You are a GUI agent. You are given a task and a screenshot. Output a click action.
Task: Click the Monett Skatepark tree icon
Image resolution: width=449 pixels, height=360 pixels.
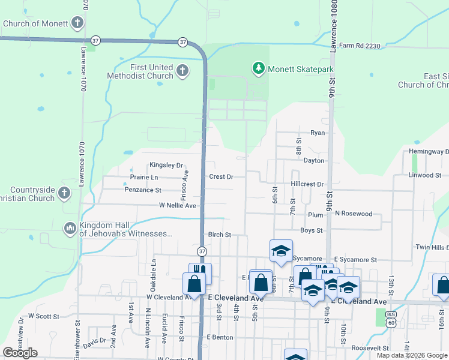[x=259, y=69]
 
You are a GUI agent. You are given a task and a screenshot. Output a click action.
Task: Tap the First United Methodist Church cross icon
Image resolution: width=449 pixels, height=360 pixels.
[x=183, y=71]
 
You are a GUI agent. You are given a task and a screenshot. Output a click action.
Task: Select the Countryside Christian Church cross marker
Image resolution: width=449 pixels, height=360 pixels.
[x=65, y=194]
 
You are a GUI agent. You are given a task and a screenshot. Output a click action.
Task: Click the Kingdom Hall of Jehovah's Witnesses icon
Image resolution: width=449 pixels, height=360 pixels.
[x=70, y=228]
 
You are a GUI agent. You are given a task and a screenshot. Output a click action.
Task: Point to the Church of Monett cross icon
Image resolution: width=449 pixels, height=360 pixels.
[x=77, y=23]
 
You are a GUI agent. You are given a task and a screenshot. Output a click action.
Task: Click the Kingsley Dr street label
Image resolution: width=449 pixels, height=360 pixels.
[x=166, y=165]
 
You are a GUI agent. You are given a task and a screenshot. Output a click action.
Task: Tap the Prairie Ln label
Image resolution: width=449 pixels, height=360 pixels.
[x=144, y=178]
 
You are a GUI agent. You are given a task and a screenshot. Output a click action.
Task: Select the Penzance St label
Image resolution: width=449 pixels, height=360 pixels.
[x=143, y=190]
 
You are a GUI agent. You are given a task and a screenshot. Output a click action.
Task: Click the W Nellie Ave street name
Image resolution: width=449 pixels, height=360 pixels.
[x=178, y=205]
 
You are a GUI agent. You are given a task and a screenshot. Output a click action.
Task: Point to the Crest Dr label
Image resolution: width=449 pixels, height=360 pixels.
[x=221, y=177]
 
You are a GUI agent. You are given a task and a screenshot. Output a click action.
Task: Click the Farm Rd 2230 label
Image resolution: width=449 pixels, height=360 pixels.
[x=360, y=45]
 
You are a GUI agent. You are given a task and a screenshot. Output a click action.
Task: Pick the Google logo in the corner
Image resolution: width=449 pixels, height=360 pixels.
[x=20, y=352]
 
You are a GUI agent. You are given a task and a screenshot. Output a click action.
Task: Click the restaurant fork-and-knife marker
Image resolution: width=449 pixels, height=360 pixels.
[x=200, y=272]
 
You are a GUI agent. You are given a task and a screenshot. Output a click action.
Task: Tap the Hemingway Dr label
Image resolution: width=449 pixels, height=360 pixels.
[x=429, y=152]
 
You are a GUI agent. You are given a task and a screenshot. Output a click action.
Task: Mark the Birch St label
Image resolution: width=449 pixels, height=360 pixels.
[x=220, y=235]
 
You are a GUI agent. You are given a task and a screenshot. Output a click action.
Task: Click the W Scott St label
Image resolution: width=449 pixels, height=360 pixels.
[x=44, y=316]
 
